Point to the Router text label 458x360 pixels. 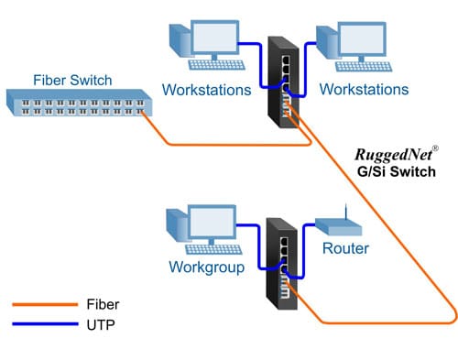coord(346,248)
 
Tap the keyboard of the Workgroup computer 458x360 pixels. coord(219,247)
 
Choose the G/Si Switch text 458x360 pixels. coord(394,170)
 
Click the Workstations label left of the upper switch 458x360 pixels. coord(206,90)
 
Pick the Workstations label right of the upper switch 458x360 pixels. coord(363,90)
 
